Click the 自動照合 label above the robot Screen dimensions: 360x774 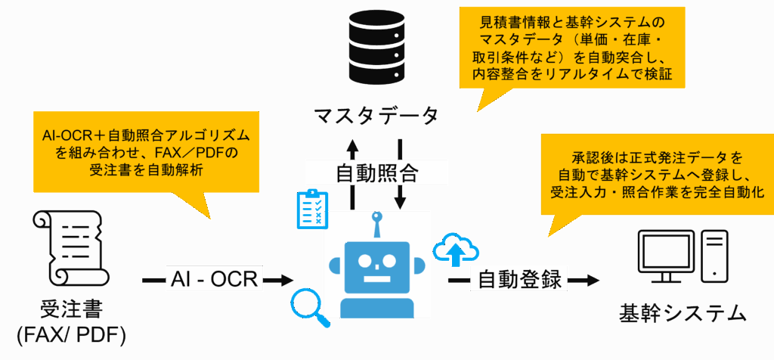[376, 172]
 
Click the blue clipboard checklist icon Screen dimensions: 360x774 [312, 209]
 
